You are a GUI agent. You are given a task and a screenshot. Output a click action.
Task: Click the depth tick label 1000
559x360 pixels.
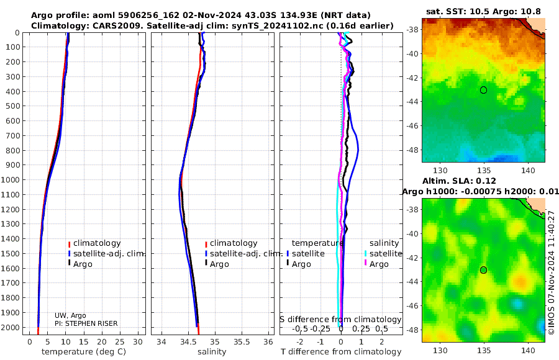point(10,180)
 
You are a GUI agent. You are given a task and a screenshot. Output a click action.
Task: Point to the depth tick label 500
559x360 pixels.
point(12,106)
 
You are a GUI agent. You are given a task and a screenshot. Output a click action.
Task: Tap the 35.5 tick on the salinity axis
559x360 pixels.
point(242,342)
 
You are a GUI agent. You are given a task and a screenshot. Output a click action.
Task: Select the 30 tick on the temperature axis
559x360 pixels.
point(138,342)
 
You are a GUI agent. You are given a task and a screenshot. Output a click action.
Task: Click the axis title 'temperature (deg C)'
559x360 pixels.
point(84,352)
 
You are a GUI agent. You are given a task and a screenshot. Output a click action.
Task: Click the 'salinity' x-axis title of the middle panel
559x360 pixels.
point(212,352)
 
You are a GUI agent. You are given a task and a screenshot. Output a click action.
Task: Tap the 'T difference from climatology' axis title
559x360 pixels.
point(341,352)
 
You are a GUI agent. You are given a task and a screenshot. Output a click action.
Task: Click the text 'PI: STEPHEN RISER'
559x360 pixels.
point(86,323)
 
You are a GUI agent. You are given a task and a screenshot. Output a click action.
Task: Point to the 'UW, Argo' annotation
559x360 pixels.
point(70,315)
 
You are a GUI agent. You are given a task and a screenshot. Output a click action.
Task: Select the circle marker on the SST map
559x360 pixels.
point(483,90)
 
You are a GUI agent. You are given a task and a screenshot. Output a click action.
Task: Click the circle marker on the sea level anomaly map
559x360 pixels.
point(483,270)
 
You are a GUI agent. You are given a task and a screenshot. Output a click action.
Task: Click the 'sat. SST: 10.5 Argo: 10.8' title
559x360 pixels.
point(483,11)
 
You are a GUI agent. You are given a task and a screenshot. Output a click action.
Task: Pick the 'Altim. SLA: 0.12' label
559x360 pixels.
point(459,181)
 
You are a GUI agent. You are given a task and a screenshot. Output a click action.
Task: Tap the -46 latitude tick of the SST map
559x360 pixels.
point(413,126)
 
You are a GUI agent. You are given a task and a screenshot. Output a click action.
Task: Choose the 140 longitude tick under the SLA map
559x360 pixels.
point(527,350)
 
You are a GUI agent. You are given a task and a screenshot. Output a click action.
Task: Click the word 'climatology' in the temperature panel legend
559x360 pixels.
point(97,243)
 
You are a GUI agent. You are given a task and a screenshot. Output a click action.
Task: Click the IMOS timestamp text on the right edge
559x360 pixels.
point(551,272)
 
